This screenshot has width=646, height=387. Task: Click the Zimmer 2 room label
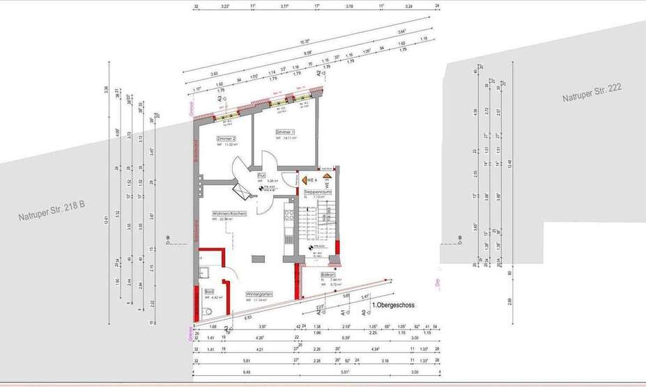tap(226, 139)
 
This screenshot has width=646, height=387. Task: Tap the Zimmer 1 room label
tap(285, 132)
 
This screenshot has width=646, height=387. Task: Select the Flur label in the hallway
tap(261, 175)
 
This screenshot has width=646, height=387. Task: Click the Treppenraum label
tap(317, 191)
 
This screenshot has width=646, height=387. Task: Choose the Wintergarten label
tap(259, 294)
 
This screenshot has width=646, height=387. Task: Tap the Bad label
tap(209, 292)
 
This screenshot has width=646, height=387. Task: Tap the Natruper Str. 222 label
tap(592, 93)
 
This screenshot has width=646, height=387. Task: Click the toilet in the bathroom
tap(208, 311)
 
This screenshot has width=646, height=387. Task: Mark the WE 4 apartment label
tap(321, 180)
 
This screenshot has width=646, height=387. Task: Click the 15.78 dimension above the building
tap(305, 41)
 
